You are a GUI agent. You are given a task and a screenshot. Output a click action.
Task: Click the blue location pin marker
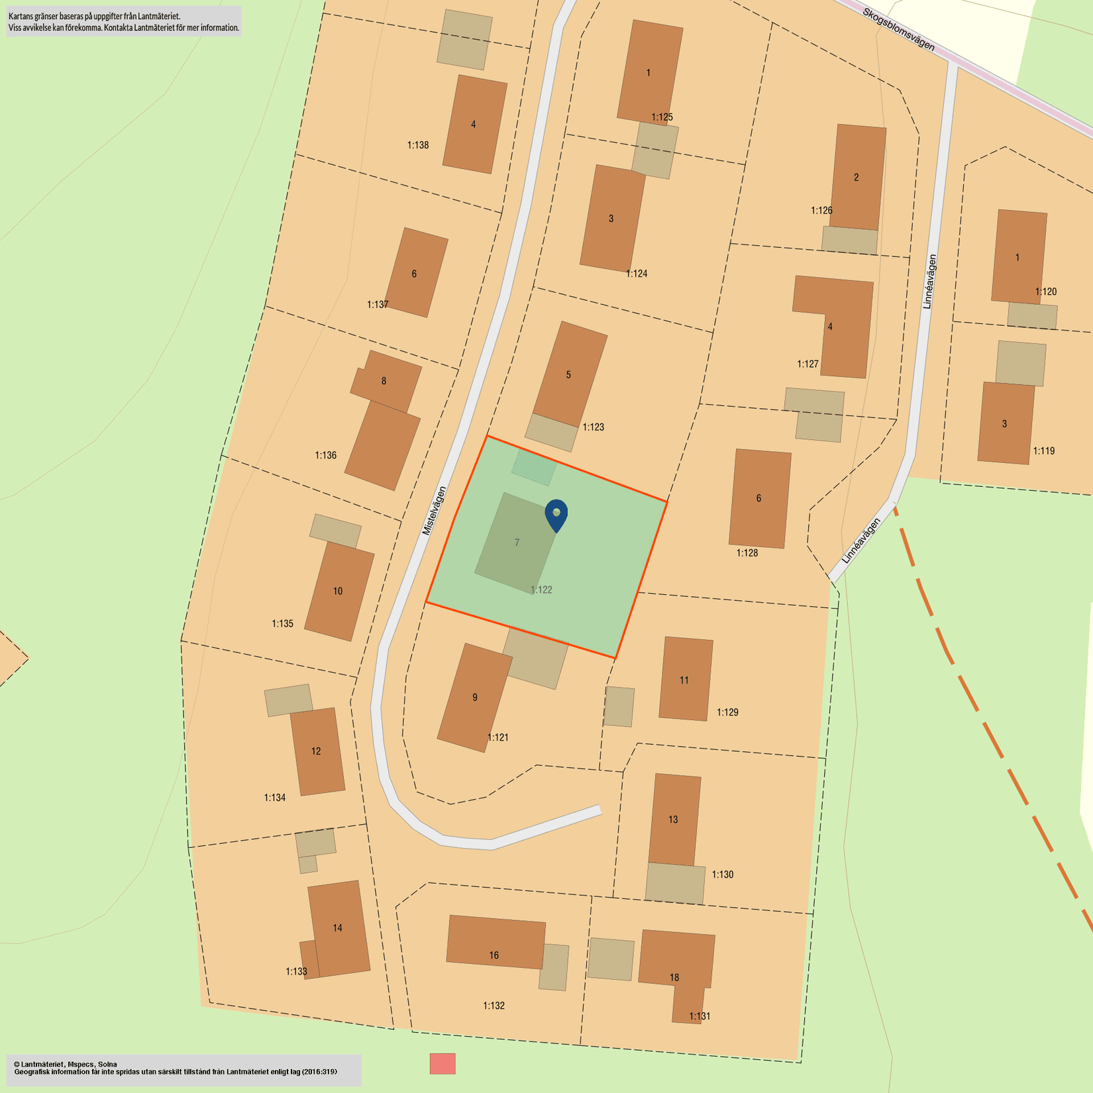point(556,515)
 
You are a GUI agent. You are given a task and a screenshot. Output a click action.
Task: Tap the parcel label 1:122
point(541,590)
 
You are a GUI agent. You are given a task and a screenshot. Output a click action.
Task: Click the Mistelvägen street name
point(435,511)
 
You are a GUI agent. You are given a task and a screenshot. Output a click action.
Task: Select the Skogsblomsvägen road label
point(898,29)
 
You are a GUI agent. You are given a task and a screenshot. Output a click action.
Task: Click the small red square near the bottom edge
point(442,1063)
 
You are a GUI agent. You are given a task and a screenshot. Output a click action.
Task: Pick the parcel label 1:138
point(418,145)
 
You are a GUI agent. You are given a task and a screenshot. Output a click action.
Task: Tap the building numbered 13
point(674,819)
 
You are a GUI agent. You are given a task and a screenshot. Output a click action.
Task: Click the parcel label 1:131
point(700,1016)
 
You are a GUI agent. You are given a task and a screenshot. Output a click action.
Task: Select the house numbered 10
point(338,591)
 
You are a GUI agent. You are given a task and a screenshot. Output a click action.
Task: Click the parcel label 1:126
point(821,211)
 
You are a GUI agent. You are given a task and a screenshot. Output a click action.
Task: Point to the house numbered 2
point(858,177)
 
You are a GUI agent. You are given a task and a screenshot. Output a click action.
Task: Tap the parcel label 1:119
point(1044,451)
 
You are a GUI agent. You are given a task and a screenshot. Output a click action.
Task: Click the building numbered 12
point(317,751)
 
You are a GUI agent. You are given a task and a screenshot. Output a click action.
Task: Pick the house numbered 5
point(569,374)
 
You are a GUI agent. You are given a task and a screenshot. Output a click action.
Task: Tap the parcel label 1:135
point(282,623)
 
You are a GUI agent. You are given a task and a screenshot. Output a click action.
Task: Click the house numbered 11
point(685,680)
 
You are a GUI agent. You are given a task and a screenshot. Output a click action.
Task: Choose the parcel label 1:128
point(747,553)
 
